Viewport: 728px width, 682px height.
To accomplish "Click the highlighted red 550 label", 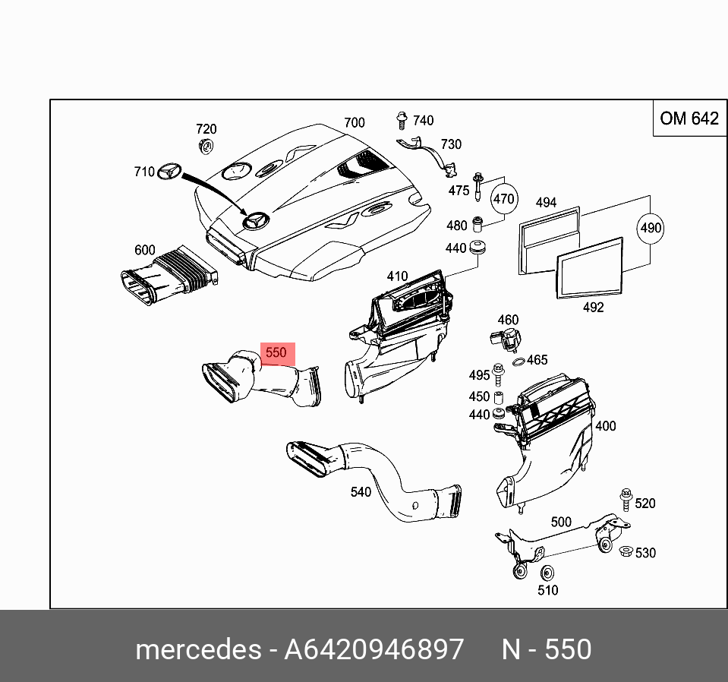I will click(x=276, y=353).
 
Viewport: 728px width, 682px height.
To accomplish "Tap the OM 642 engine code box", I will click(x=689, y=118).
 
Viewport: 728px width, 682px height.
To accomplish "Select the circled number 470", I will click(x=504, y=200).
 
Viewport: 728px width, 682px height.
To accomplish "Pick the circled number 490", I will click(x=651, y=228).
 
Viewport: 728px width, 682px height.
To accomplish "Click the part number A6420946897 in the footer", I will click(x=373, y=650).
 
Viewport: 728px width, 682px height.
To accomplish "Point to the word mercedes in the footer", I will click(x=197, y=650).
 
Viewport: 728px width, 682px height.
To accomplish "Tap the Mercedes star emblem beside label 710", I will click(x=170, y=172).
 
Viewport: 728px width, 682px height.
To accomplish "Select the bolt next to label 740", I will click(x=401, y=120).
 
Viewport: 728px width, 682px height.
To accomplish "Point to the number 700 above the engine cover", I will click(x=355, y=122).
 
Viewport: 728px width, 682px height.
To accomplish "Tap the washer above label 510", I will click(x=547, y=573).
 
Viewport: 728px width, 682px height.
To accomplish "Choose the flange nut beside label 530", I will click(x=625, y=552).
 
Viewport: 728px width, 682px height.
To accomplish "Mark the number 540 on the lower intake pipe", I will click(x=361, y=492).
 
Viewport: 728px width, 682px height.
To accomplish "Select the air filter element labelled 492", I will click(x=590, y=269).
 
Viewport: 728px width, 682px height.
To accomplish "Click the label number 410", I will click(x=397, y=276).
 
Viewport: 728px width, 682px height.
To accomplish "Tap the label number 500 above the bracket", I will click(x=561, y=522).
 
